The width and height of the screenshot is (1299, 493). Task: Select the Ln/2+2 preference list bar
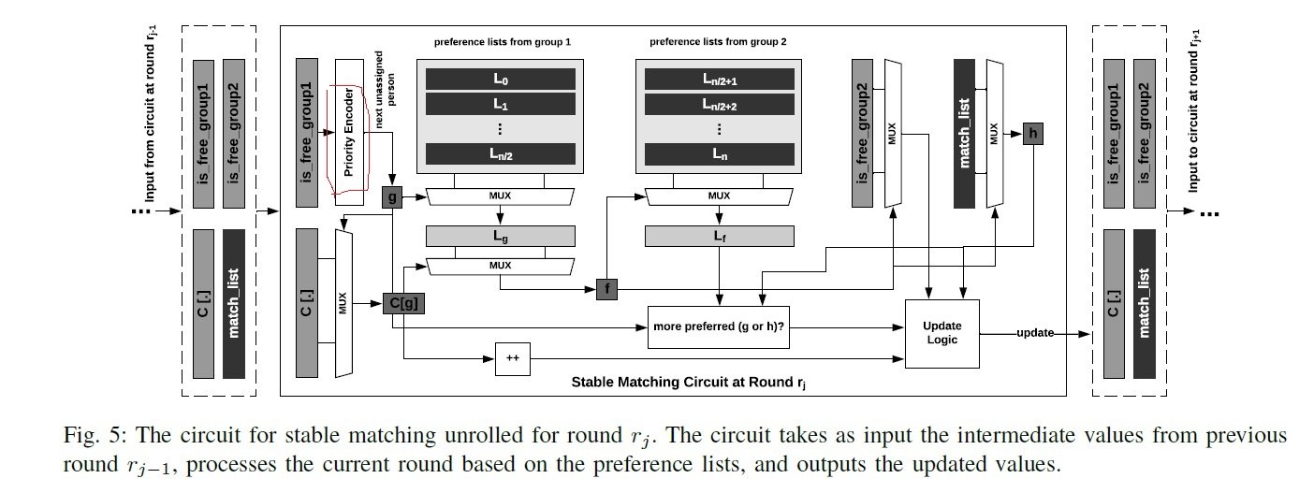[718, 105]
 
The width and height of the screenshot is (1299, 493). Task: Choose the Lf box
[718, 236]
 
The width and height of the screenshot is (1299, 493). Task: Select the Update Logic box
[942, 332]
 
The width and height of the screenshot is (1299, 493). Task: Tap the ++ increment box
[511, 358]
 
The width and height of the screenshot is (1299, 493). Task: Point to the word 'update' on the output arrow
[1034, 332]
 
